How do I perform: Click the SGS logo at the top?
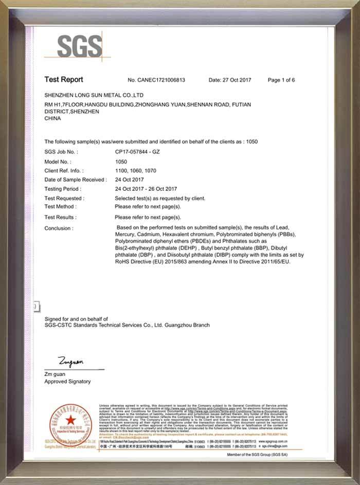coord(79,45)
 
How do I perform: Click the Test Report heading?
coord(63,80)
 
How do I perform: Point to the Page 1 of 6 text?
coord(281,80)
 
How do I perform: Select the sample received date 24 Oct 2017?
coord(129,179)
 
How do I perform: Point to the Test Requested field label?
coord(64,198)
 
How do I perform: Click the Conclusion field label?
coord(59,228)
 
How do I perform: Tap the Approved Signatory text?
coord(67,382)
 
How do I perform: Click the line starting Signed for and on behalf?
coord(76,319)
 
